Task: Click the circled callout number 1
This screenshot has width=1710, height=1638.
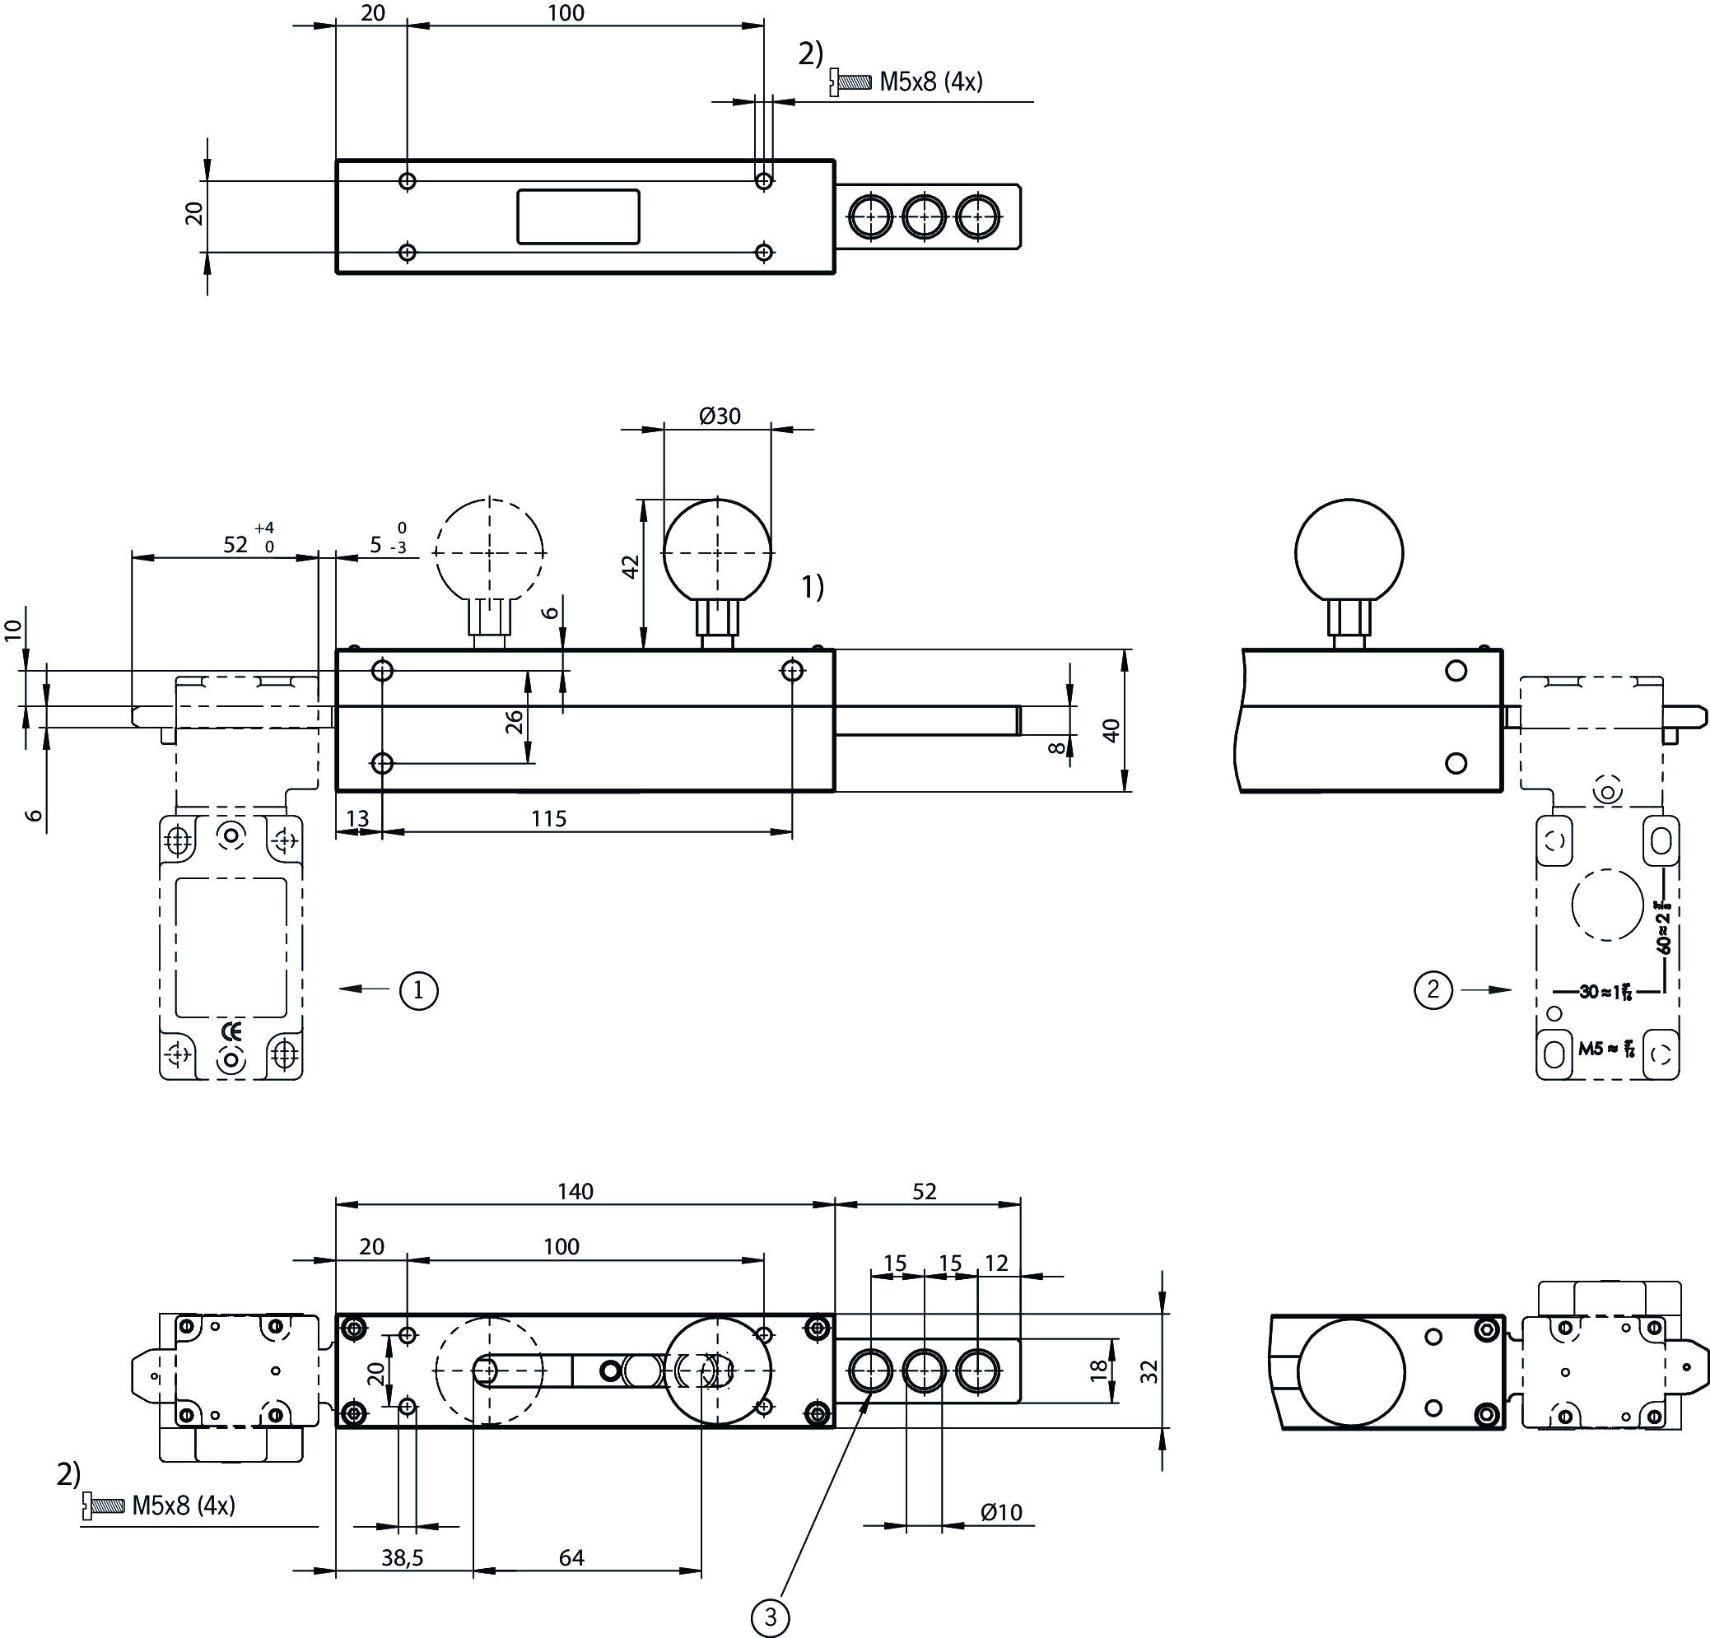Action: click(419, 991)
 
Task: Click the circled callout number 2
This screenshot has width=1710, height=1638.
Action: click(1433, 990)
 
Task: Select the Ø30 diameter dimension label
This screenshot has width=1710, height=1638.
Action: click(720, 416)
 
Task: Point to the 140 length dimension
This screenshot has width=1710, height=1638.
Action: click(575, 1191)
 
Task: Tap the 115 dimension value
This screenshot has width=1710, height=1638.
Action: click(549, 819)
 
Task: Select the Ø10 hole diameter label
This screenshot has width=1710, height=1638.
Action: click(1000, 1512)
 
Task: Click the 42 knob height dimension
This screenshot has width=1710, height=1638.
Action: click(631, 566)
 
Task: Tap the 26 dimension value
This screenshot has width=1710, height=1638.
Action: click(515, 721)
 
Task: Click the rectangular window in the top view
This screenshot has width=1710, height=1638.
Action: click(579, 216)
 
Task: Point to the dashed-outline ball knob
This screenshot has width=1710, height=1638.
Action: click(489, 551)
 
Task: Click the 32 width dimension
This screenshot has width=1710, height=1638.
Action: click(1150, 1371)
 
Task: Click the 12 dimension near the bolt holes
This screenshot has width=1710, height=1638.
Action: click(996, 1263)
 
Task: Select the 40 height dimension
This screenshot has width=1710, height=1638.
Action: click(1111, 730)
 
